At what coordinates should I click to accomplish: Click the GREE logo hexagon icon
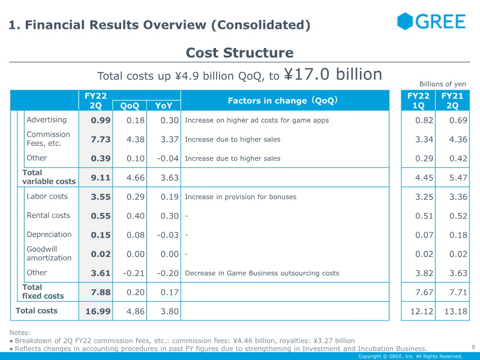pos(406,22)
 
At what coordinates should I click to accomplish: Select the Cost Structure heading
pos(239,53)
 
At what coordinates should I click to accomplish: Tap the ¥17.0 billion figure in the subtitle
pos(333,74)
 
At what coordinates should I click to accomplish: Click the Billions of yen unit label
pos(442,84)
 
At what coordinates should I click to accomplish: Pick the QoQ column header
pos(130,106)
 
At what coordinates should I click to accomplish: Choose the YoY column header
pos(163,106)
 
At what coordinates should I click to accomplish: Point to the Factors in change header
pos(283,101)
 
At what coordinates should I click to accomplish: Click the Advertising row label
pos(46,120)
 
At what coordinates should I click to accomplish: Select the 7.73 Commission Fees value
pos(101,139)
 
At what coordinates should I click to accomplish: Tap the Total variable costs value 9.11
pos(101,178)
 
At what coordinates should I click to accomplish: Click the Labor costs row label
pos(47,196)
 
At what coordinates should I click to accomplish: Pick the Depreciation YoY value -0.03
pos(167,235)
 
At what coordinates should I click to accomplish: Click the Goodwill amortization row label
pos(49,253)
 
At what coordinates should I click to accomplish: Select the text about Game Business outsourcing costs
pos(262,273)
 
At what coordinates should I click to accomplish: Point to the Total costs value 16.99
pos(98,311)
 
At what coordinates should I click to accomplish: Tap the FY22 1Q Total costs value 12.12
pos(418,311)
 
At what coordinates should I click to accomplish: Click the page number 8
pos(473,346)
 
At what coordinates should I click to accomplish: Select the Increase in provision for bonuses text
pos(240,197)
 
